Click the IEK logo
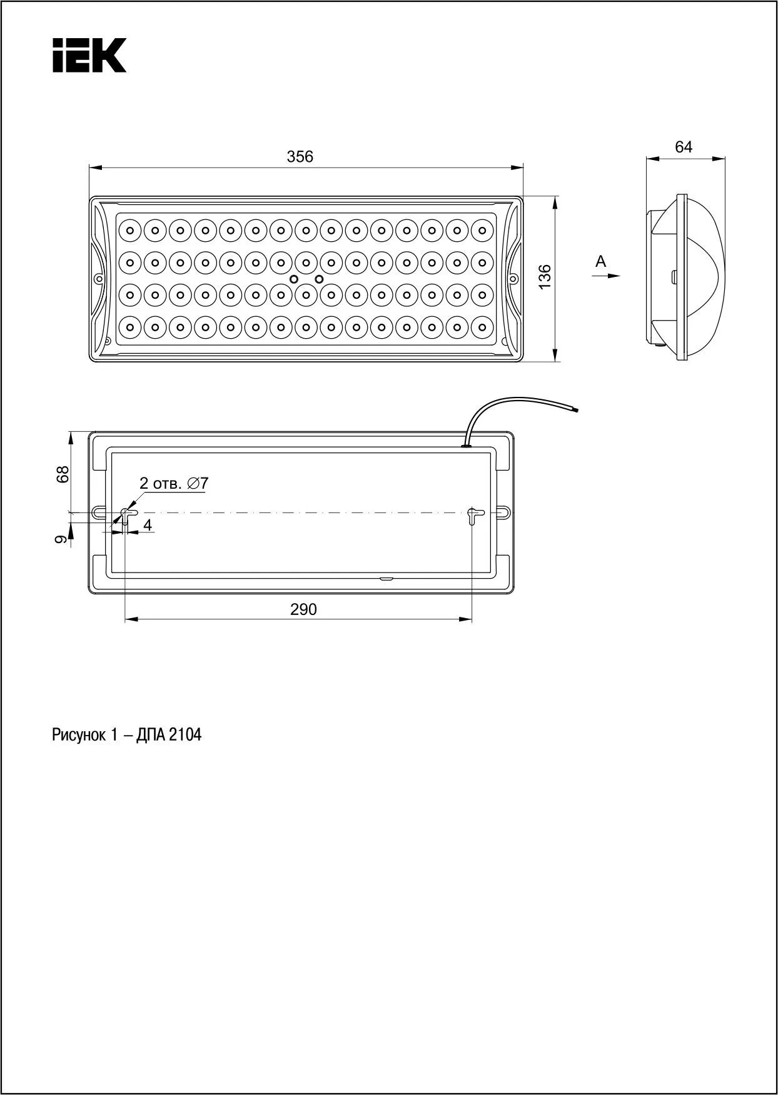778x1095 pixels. point(89,55)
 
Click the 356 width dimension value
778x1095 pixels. point(300,156)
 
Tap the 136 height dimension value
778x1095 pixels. point(545,277)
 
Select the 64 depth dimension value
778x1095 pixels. point(684,147)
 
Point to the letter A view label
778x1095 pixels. point(601,261)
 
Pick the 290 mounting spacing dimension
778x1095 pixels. point(303,609)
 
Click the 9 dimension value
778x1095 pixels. point(61,539)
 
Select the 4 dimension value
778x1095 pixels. point(148,525)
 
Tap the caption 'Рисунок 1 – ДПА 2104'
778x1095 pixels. point(126,735)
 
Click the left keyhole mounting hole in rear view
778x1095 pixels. point(125,516)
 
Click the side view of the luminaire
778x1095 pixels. point(686,277)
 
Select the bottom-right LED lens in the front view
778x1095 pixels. point(482,326)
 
